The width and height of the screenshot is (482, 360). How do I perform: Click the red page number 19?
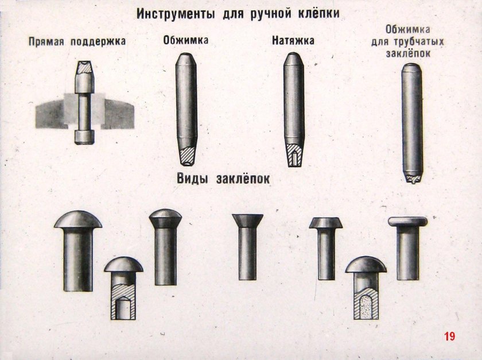click(x=449, y=336)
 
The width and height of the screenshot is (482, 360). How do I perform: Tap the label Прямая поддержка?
click(x=77, y=41)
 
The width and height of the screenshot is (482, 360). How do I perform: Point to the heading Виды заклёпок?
click(x=224, y=179)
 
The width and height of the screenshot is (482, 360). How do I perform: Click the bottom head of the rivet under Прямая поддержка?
click(x=84, y=137)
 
